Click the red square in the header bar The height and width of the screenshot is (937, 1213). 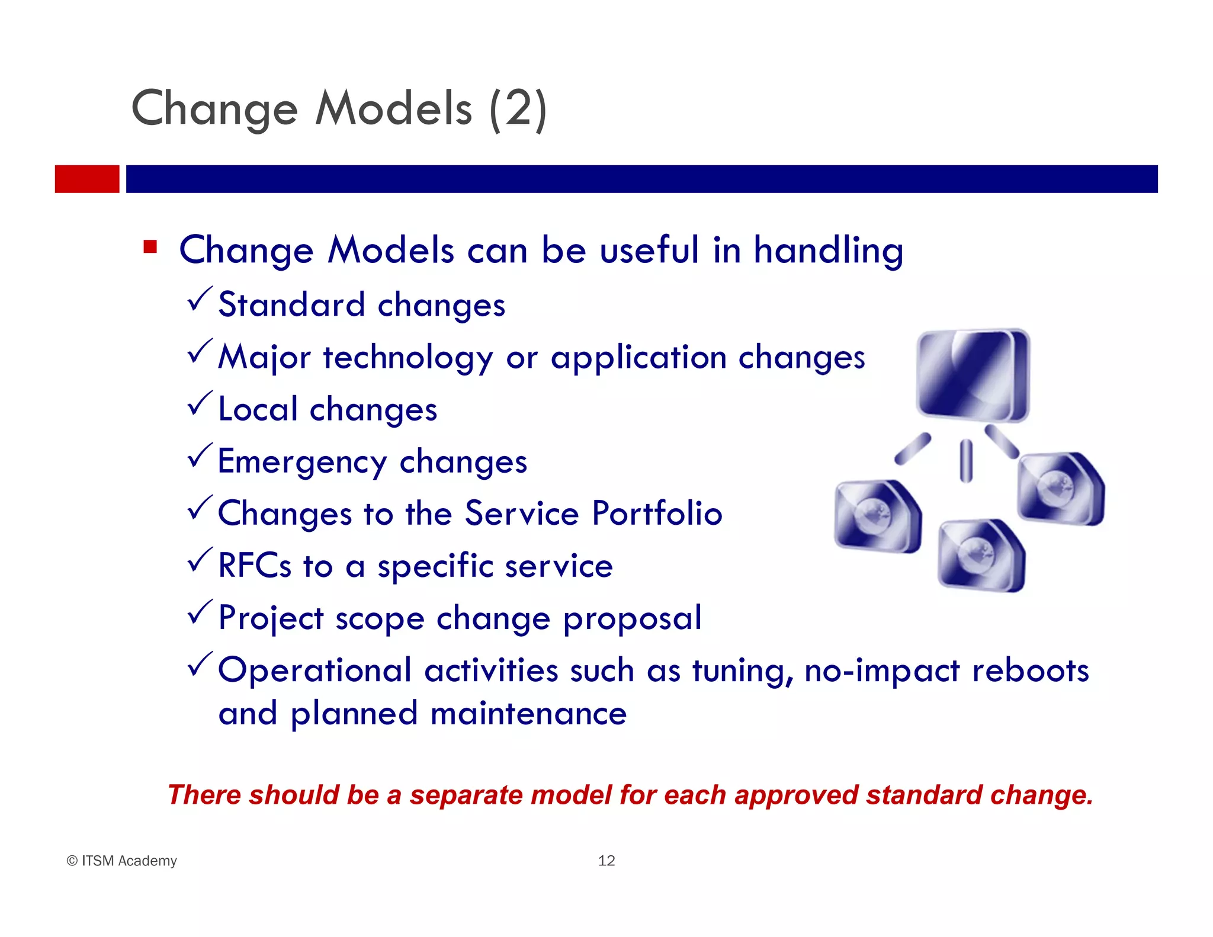(x=87, y=179)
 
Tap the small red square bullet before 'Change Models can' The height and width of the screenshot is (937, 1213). (x=150, y=246)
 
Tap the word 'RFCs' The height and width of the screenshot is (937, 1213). (x=255, y=565)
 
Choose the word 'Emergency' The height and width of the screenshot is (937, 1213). (x=302, y=462)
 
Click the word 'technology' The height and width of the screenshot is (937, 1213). (x=407, y=358)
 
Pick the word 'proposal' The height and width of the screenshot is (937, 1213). (x=632, y=619)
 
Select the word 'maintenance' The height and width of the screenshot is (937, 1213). (x=528, y=713)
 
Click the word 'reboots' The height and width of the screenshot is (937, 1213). (x=1030, y=670)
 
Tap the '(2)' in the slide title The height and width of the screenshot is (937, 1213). (x=518, y=109)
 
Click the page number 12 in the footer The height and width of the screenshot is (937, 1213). (x=606, y=861)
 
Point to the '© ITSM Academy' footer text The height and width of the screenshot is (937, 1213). (x=122, y=861)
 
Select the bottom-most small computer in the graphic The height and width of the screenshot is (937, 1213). (x=981, y=555)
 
